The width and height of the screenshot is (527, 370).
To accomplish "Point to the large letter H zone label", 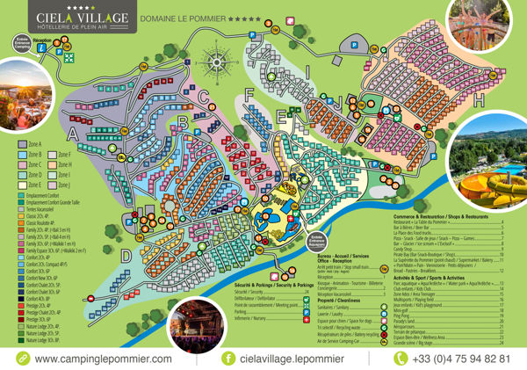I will pos(480,102).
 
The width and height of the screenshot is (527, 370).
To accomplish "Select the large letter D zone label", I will pos(126,256).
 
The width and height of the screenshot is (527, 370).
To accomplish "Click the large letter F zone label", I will pos(250,91).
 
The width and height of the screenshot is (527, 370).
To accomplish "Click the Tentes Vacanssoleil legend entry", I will pos(44,207).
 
